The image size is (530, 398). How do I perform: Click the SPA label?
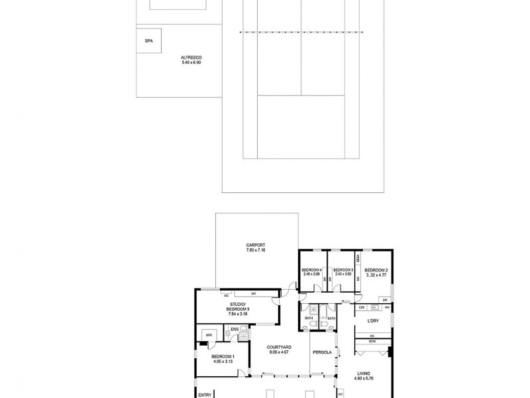148,41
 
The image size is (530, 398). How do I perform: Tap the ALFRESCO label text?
191,58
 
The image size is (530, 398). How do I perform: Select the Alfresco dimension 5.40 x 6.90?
191,62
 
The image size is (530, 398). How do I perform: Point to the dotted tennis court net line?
301,31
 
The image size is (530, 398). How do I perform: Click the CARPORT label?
256,245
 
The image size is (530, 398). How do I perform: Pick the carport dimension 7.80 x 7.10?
256,250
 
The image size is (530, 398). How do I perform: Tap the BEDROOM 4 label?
311,269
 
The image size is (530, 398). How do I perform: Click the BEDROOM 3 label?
343,269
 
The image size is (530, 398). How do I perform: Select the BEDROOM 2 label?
376,269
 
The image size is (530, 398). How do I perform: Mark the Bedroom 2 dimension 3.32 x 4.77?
376,274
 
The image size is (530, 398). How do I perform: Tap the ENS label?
235,328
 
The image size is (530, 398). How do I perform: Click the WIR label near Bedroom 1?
209,334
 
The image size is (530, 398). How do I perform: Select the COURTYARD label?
280,347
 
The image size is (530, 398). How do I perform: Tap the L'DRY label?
372,321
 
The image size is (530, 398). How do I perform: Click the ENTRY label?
205,394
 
